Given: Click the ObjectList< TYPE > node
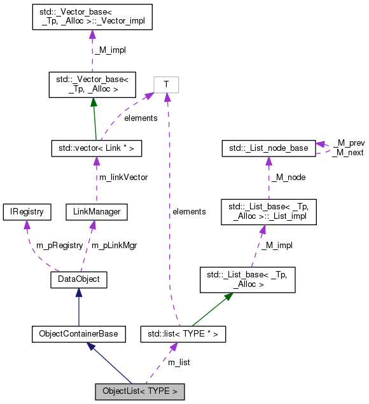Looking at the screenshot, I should (140, 391).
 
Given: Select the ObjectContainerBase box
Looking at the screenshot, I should (78, 333).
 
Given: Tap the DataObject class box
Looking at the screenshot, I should (78, 279).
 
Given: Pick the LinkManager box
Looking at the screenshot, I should (93, 211).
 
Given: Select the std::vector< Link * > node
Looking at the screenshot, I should (95, 148).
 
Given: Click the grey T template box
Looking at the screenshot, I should (166, 84).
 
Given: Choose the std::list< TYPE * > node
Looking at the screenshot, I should (183, 333).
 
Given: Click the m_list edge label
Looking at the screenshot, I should (178, 362).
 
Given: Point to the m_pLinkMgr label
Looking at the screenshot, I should (115, 245).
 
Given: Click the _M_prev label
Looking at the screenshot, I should (347, 144).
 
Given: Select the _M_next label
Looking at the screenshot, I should (347, 153).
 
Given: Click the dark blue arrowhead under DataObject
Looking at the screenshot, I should (78, 293).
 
